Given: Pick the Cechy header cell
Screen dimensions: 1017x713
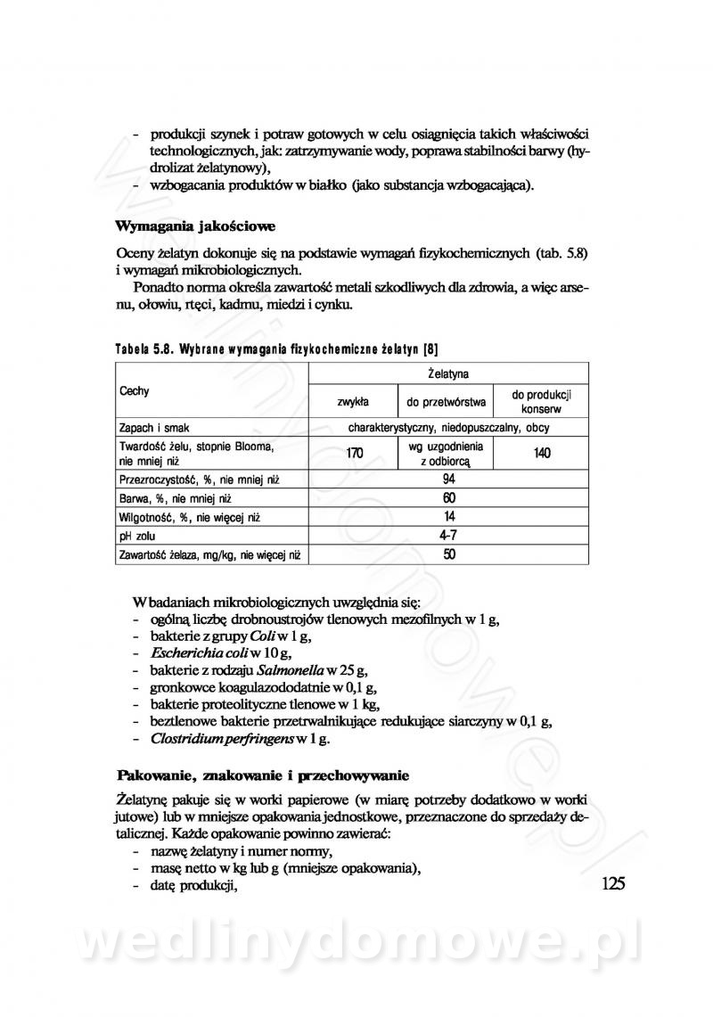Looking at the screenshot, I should click(x=135, y=391).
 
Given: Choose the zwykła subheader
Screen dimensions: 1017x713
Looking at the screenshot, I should click(x=353, y=401).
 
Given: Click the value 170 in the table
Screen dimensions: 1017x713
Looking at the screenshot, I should click(x=354, y=453).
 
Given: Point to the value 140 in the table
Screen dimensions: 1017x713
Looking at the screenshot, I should click(x=542, y=453).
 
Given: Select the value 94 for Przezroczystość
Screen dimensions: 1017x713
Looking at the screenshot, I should click(x=448, y=479).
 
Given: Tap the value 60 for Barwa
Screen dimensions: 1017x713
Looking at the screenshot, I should click(x=448, y=497).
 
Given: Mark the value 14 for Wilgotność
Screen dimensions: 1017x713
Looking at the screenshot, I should click(x=448, y=516).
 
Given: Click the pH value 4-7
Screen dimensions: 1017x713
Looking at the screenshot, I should click(x=448, y=536).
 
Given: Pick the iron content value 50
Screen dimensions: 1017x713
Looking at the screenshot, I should click(x=448, y=554).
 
